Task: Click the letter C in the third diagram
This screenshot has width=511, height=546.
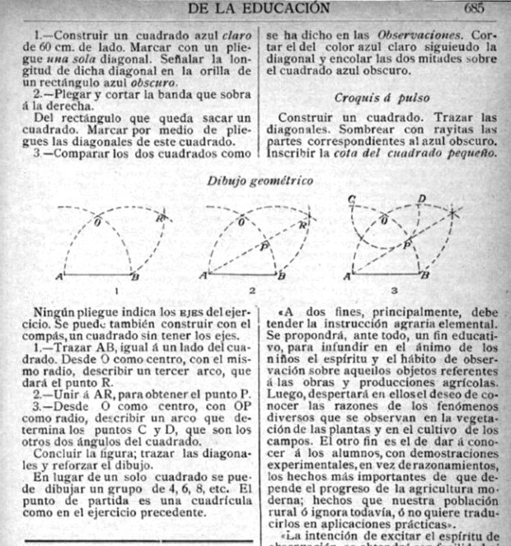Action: [x=352, y=200]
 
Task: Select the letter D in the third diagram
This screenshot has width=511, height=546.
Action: [x=422, y=199]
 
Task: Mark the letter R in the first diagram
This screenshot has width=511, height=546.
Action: [x=162, y=218]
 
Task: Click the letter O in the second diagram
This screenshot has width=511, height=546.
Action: [x=241, y=222]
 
